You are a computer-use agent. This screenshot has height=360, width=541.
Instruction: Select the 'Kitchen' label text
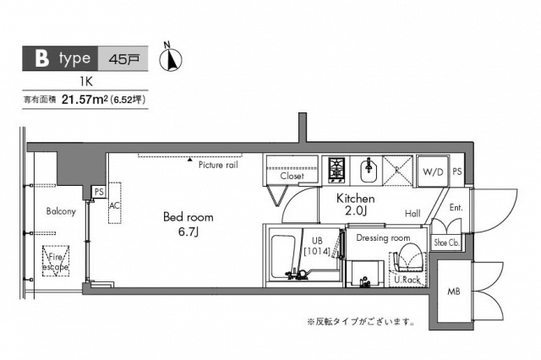pyautogui.click(x=356, y=198)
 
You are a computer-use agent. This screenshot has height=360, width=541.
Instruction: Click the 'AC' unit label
pyautogui.click(x=113, y=205)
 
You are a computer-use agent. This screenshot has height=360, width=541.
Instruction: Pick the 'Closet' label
pyautogui.click(x=292, y=177)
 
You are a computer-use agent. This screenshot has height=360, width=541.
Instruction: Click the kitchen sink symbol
pyautogui.click(x=369, y=167)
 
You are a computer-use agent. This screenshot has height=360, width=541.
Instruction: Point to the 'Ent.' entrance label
pyautogui.click(x=456, y=207)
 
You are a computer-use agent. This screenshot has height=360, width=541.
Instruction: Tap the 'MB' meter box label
pyautogui.click(x=454, y=292)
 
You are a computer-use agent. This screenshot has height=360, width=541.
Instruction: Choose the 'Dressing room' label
pyautogui.click(x=383, y=238)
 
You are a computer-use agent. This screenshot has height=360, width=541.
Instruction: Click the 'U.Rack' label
pyautogui.click(x=407, y=280)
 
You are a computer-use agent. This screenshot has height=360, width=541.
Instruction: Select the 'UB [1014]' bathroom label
pyautogui.click(x=316, y=245)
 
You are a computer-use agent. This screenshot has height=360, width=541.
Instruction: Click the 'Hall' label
pyautogui.click(x=413, y=214)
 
